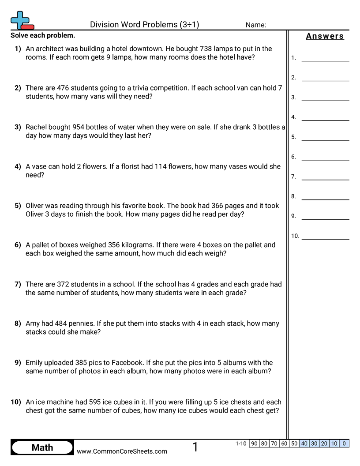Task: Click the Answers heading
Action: point(325,36)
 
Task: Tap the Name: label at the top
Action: point(256,25)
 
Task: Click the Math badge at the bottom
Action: point(42,447)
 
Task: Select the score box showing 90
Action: point(254,443)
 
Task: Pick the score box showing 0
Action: point(344,443)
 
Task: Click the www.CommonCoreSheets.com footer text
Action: point(122,451)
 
